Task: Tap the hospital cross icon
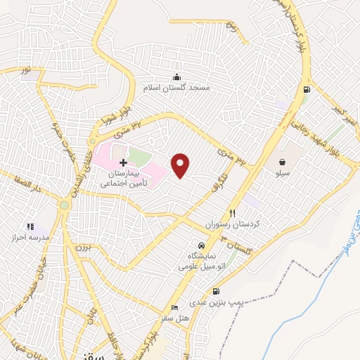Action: point(123,162)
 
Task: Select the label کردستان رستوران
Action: point(233,223)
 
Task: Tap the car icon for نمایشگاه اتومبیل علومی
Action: point(202,245)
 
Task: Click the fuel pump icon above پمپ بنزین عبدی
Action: point(215,292)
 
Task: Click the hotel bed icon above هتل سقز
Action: point(174,309)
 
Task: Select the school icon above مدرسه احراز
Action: point(30,226)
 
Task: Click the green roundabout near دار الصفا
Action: point(64,205)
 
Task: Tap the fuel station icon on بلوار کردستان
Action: point(305,89)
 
